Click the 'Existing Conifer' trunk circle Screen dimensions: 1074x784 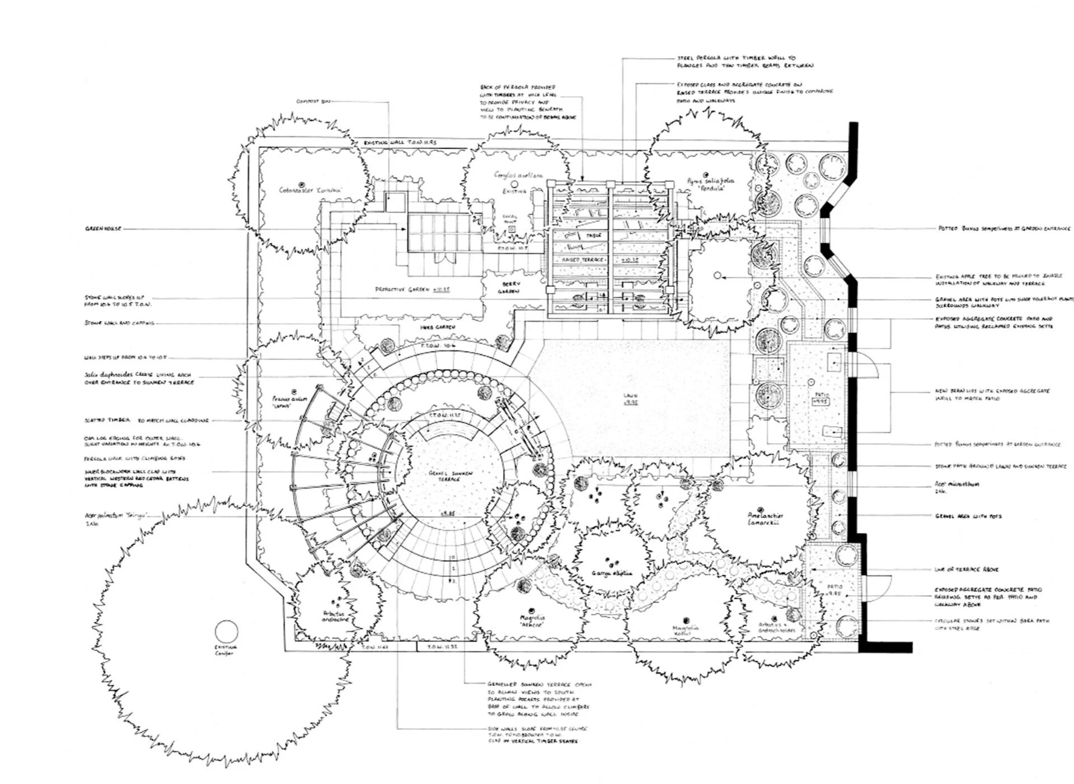[226, 632]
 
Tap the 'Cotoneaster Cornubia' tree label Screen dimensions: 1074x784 [310, 190]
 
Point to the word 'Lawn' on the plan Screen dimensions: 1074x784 [631, 396]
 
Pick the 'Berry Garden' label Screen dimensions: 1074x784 [510, 287]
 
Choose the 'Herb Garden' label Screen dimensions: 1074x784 [437, 326]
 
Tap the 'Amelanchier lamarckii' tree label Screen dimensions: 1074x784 [765, 519]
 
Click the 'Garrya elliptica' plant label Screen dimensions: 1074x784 [612, 573]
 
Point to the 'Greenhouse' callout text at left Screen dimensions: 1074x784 [102, 228]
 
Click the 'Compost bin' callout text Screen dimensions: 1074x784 [313, 101]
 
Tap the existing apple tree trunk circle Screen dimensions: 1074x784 [717, 276]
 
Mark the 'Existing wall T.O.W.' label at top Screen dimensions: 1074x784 [400, 143]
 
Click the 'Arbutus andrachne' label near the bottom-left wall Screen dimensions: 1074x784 [335, 616]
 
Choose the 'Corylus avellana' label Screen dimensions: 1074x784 [518, 175]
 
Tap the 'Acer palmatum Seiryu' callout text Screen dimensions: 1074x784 [117, 515]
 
